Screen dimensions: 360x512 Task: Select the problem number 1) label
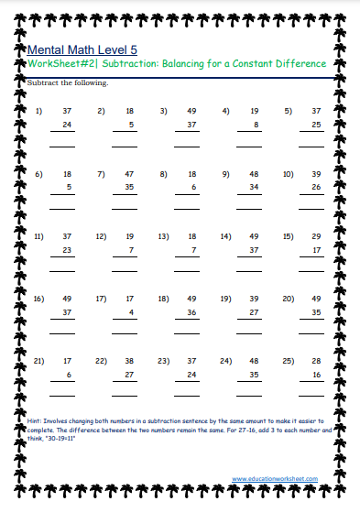pos(39,111)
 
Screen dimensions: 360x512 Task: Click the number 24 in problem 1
pos(66,124)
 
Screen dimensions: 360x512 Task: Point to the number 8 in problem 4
pos(256,124)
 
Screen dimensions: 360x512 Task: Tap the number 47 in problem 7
pos(129,173)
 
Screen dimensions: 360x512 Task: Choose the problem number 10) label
pos(288,173)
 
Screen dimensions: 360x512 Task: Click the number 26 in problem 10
pos(315,187)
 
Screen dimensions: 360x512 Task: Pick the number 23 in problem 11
pos(66,249)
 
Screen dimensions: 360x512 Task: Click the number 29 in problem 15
pos(315,236)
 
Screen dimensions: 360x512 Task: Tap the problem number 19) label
pos(225,299)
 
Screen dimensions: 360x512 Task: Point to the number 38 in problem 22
pos(129,361)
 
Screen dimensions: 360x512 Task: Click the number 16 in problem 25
pos(315,375)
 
